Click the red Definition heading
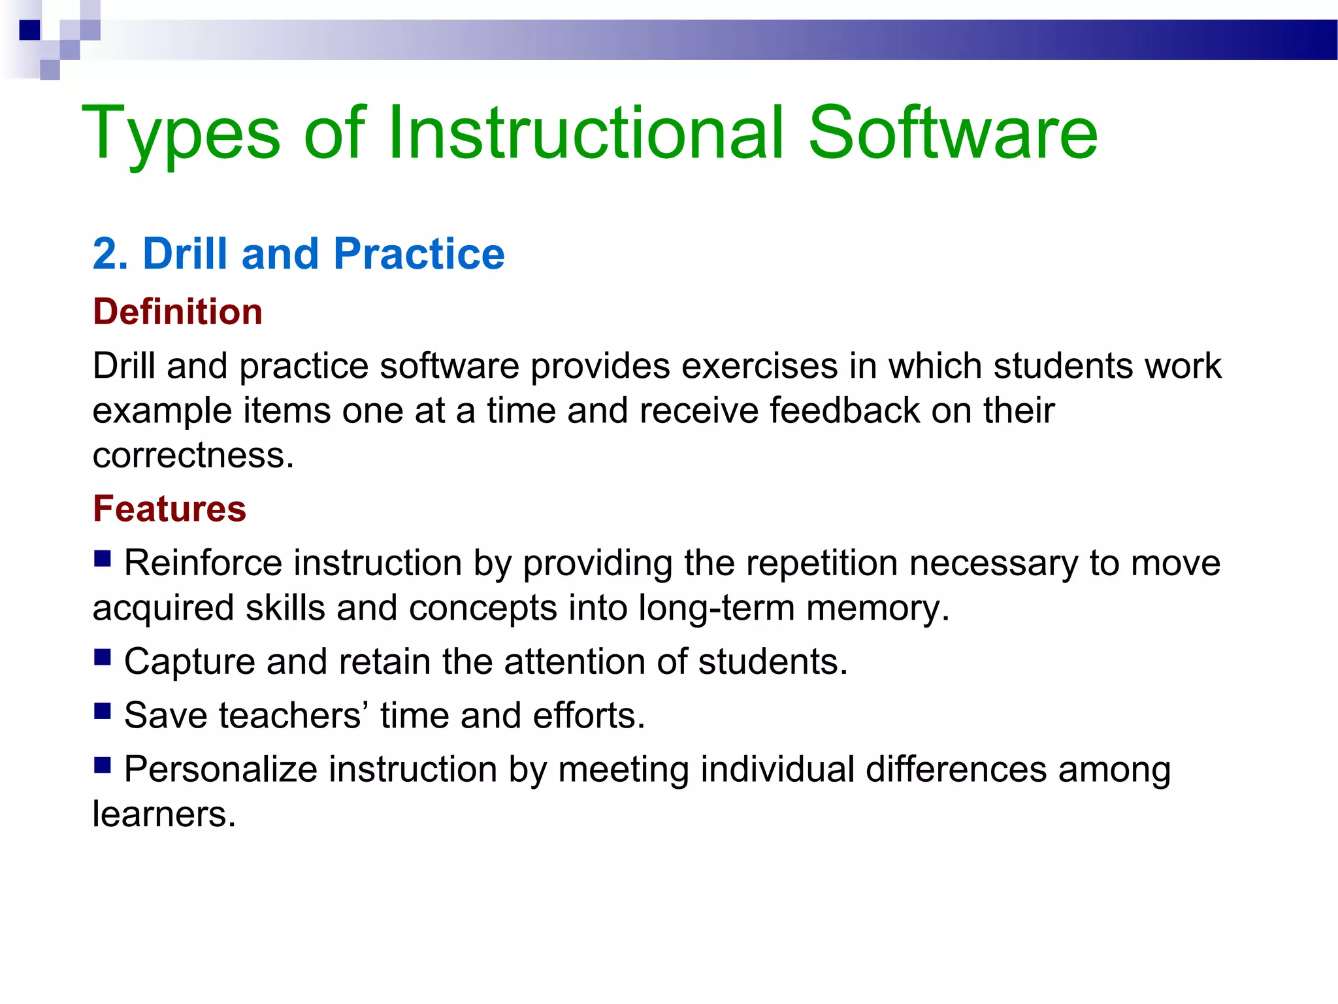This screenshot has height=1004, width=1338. pos(178,312)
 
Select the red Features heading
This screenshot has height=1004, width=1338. pos(169,509)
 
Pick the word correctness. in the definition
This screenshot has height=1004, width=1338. pos(193,455)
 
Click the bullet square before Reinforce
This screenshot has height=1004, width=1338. pos(102,559)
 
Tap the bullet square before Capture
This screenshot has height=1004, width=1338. pos(102,657)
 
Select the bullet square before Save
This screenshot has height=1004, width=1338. pos(102,711)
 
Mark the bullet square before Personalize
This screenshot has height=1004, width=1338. pos(102,764)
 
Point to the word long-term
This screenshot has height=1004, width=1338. pos(716,609)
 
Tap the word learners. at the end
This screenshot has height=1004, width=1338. pos(164,814)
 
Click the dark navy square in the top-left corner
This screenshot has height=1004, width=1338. pos(30,30)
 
